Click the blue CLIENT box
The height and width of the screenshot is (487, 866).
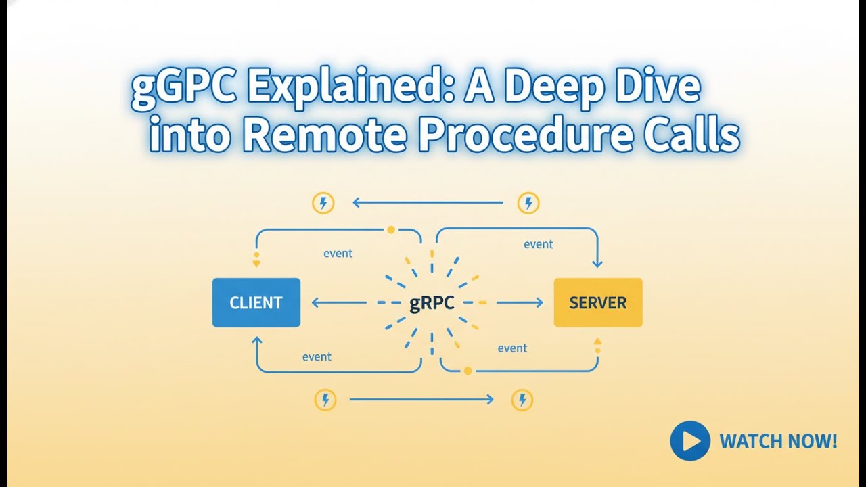point(256,302)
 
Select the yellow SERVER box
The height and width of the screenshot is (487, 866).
point(598,302)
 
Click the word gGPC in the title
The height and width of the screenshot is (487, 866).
point(184,88)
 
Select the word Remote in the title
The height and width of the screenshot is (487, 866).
point(325,135)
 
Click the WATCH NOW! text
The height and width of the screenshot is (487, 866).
point(778,442)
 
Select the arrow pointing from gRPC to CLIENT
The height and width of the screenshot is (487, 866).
point(339,302)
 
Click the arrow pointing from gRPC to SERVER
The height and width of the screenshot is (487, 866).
point(520,302)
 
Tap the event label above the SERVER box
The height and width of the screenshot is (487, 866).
point(538,244)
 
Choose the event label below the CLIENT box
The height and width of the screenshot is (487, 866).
point(317,356)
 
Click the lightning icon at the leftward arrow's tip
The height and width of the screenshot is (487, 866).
point(323,203)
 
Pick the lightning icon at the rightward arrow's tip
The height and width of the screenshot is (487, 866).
point(522,400)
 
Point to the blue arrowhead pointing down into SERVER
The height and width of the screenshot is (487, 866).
point(597,264)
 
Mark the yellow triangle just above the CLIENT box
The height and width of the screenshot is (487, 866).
point(256,264)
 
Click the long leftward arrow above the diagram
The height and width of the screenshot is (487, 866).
point(428,202)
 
